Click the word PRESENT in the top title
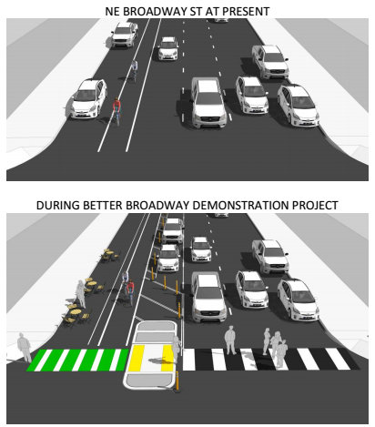[x=246, y=12]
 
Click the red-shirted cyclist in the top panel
[x=117, y=111]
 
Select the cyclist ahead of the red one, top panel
[x=134, y=70]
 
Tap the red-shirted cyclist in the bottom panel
[x=131, y=292]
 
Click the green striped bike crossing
[x=78, y=360]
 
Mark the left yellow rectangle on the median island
[x=136, y=359]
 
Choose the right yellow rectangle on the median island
[x=167, y=359]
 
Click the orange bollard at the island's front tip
[x=177, y=381]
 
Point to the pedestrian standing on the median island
[x=176, y=349]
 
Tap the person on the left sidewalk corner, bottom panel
[x=24, y=347]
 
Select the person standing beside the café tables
[x=81, y=294]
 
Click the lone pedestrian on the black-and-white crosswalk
[x=230, y=340]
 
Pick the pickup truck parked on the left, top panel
[x=124, y=35]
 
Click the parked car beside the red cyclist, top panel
[x=87, y=99]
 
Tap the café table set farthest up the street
[x=109, y=255]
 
